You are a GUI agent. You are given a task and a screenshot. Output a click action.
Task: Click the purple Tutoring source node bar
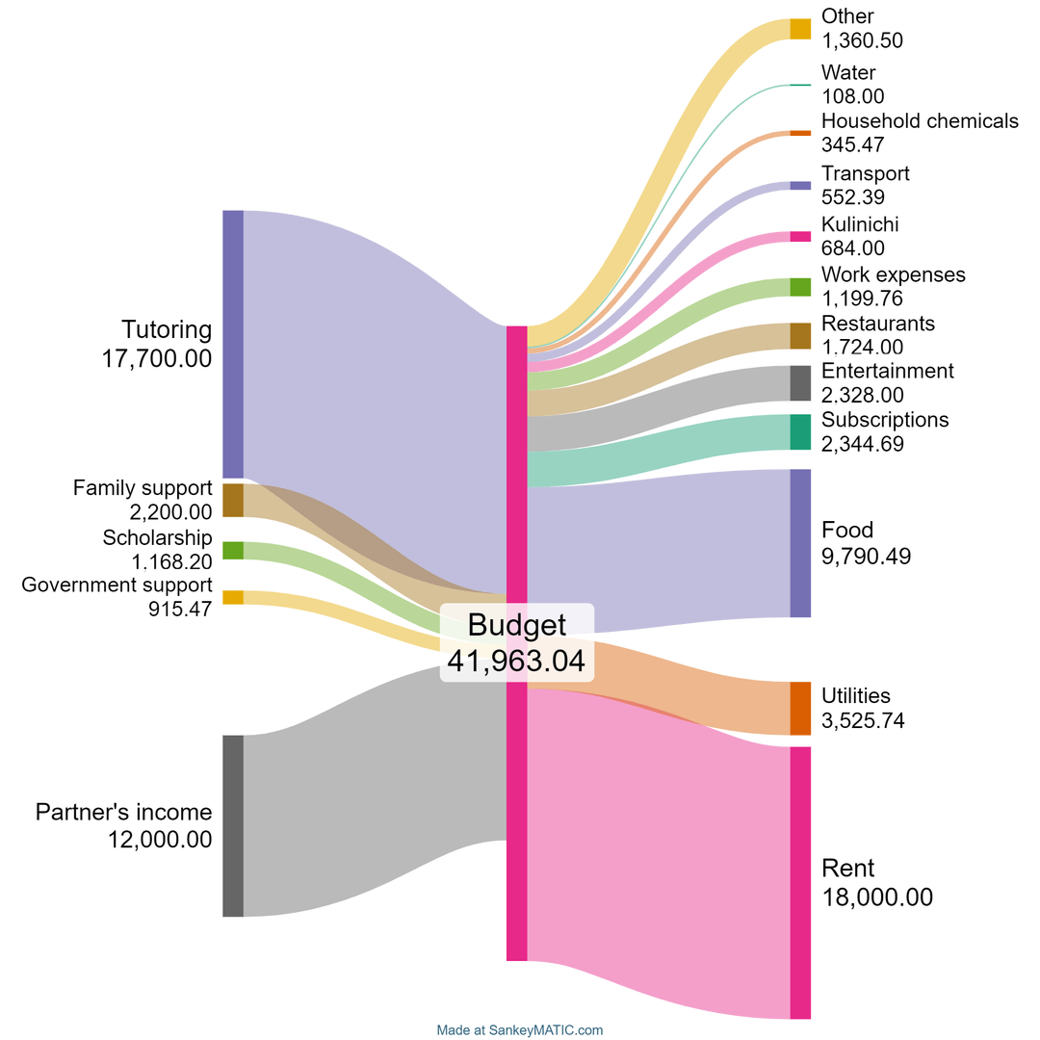(x=233, y=344)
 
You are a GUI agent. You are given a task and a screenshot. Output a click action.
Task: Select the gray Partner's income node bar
(x=233, y=825)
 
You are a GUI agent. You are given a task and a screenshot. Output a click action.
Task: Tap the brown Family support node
(x=233, y=500)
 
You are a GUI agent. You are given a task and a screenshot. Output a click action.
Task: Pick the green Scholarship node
(x=233, y=551)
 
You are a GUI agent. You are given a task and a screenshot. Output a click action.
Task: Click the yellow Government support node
(x=233, y=597)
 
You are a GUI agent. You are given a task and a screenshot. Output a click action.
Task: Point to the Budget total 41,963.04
(x=516, y=662)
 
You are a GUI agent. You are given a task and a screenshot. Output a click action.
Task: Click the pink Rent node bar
(x=800, y=882)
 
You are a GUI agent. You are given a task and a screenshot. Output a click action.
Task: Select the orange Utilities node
(x=800, y=708)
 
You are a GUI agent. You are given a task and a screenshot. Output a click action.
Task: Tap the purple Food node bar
(x=800, y=543)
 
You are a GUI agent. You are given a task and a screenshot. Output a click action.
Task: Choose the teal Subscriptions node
(x=800, y=432)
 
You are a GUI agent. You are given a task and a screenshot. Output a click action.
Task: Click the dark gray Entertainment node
(x=800, y=383)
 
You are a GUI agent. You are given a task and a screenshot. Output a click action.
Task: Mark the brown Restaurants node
(x=800, y=336)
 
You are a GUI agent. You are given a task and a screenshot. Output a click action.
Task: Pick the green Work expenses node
(x=800, y=287)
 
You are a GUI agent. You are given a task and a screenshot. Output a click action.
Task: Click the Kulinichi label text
(x=860, y=224)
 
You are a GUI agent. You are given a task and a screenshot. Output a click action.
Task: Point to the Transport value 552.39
(x=853, y=196)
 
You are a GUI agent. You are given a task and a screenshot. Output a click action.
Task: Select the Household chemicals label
(x=920, y=121)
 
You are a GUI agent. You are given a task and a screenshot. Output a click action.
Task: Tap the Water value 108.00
(x=853, y=95)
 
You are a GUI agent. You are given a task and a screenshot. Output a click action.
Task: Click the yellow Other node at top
(x=800, y=29)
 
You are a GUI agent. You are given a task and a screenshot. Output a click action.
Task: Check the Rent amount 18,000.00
(x=877, y=897)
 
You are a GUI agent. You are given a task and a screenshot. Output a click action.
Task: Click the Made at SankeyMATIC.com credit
(x=520, y=1030)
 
